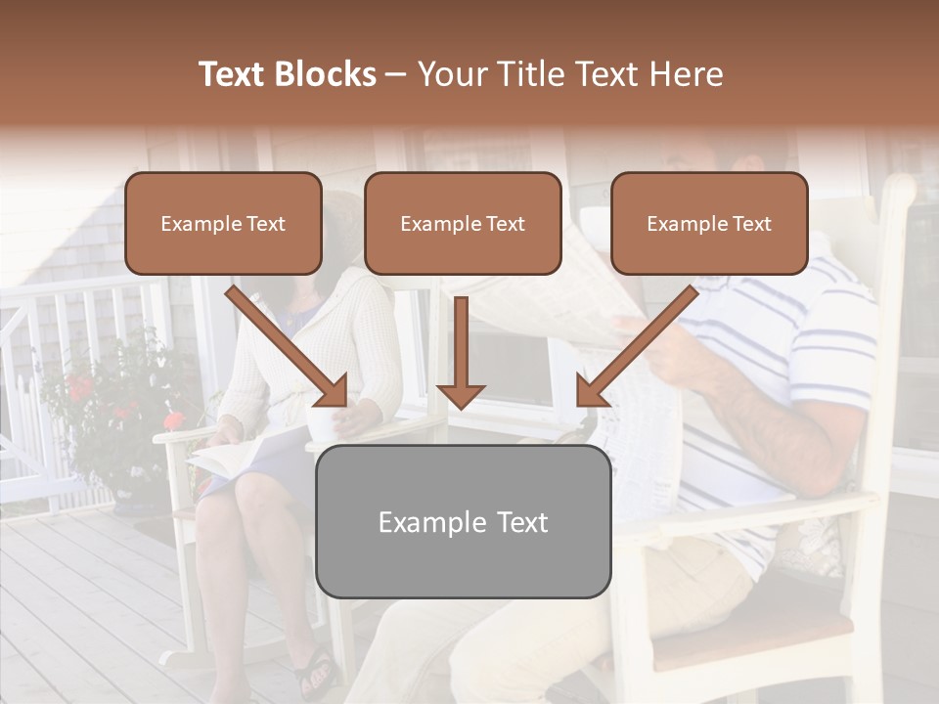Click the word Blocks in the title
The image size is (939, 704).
324,74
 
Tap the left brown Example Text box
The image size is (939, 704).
223,223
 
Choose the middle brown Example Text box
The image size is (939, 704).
463,223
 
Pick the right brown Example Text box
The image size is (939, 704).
709,223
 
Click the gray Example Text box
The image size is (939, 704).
463,521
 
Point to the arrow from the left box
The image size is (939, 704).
289,348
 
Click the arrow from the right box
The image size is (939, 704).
636,348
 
